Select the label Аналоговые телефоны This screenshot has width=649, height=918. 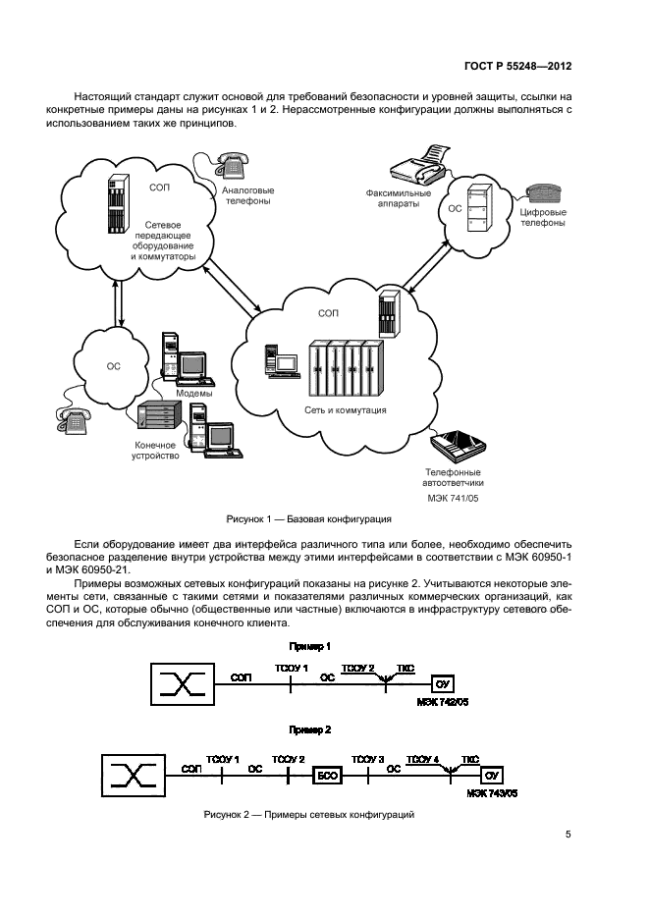coord(247,194)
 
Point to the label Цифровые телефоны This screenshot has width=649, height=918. coord(541,216)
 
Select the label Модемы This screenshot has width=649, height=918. coord(193,393)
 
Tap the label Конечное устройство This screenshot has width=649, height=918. coord(156,450)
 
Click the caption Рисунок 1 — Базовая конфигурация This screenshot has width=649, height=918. coord(309,517)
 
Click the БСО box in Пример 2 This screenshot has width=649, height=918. coord(326,776)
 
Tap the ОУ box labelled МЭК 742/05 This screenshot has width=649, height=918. coord(441,683)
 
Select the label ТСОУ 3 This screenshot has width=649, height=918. coord(367,759)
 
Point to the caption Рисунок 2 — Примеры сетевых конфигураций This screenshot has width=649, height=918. coord(309,814)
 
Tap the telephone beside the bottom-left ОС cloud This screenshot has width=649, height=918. coord(74,420)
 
